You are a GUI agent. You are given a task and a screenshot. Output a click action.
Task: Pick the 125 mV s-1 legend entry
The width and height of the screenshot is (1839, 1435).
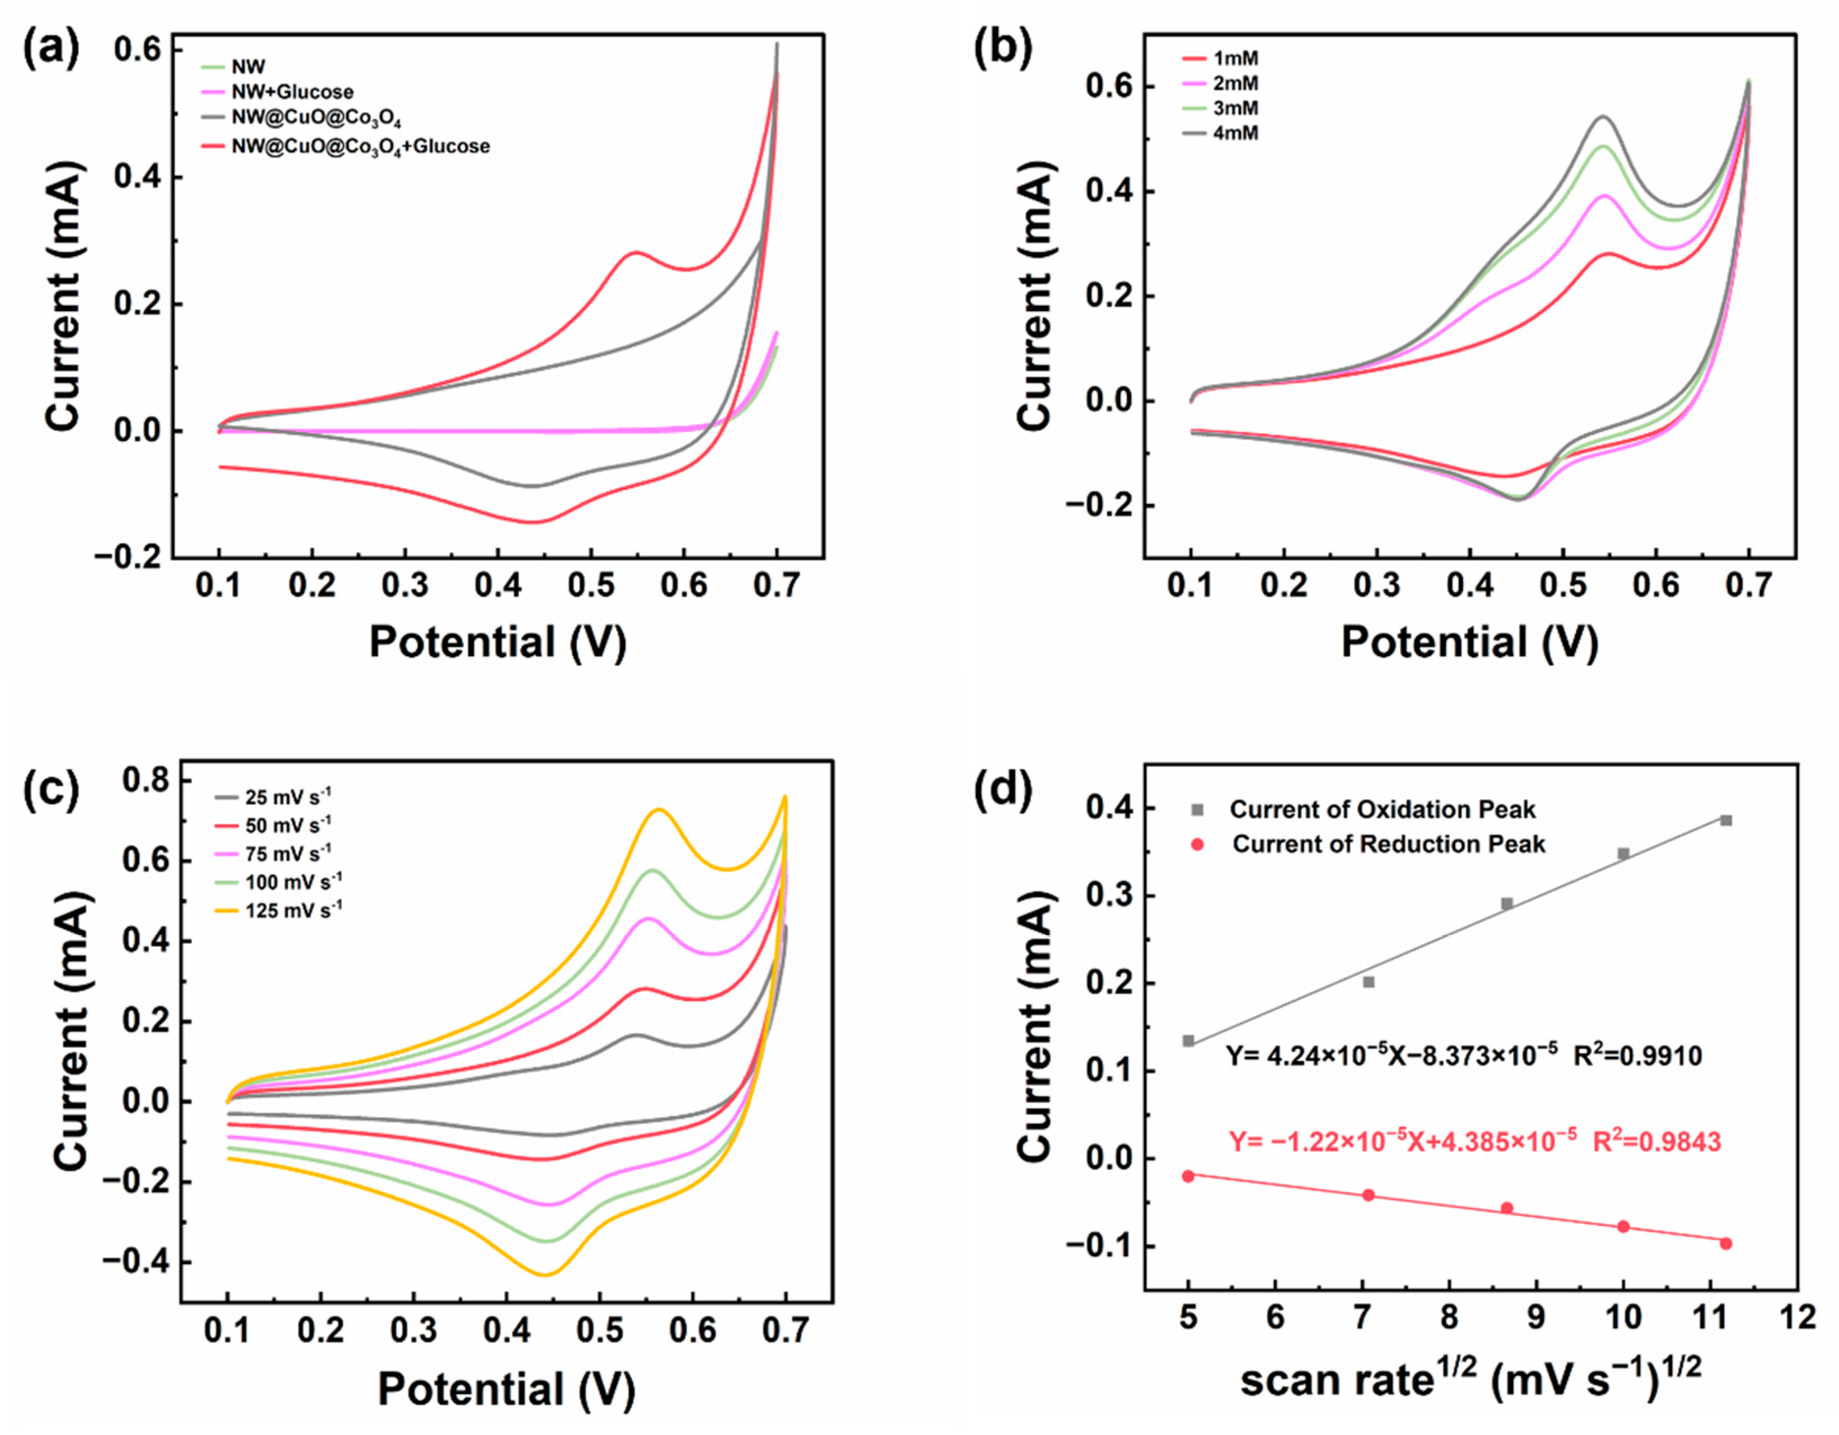click(293, 910)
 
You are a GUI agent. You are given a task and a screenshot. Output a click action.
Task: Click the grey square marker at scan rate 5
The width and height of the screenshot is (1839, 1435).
click(1188, 1041)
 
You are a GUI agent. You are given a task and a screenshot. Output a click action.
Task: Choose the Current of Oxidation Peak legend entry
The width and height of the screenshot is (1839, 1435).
click(1382, 810)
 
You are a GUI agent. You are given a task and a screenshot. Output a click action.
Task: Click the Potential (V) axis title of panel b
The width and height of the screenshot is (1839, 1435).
click(1469, 642)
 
